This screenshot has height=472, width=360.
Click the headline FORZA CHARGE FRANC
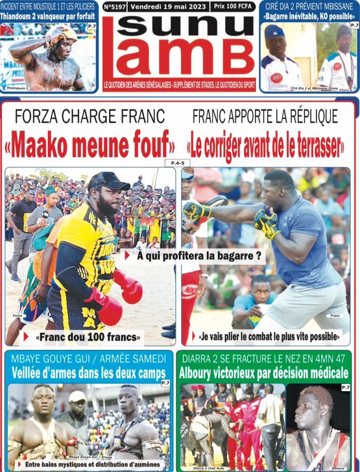point(89,117)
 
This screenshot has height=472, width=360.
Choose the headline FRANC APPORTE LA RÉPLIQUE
point(265,117)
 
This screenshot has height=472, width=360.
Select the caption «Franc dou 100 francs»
point(87,337)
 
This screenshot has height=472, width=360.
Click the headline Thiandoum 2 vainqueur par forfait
point(48,17)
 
